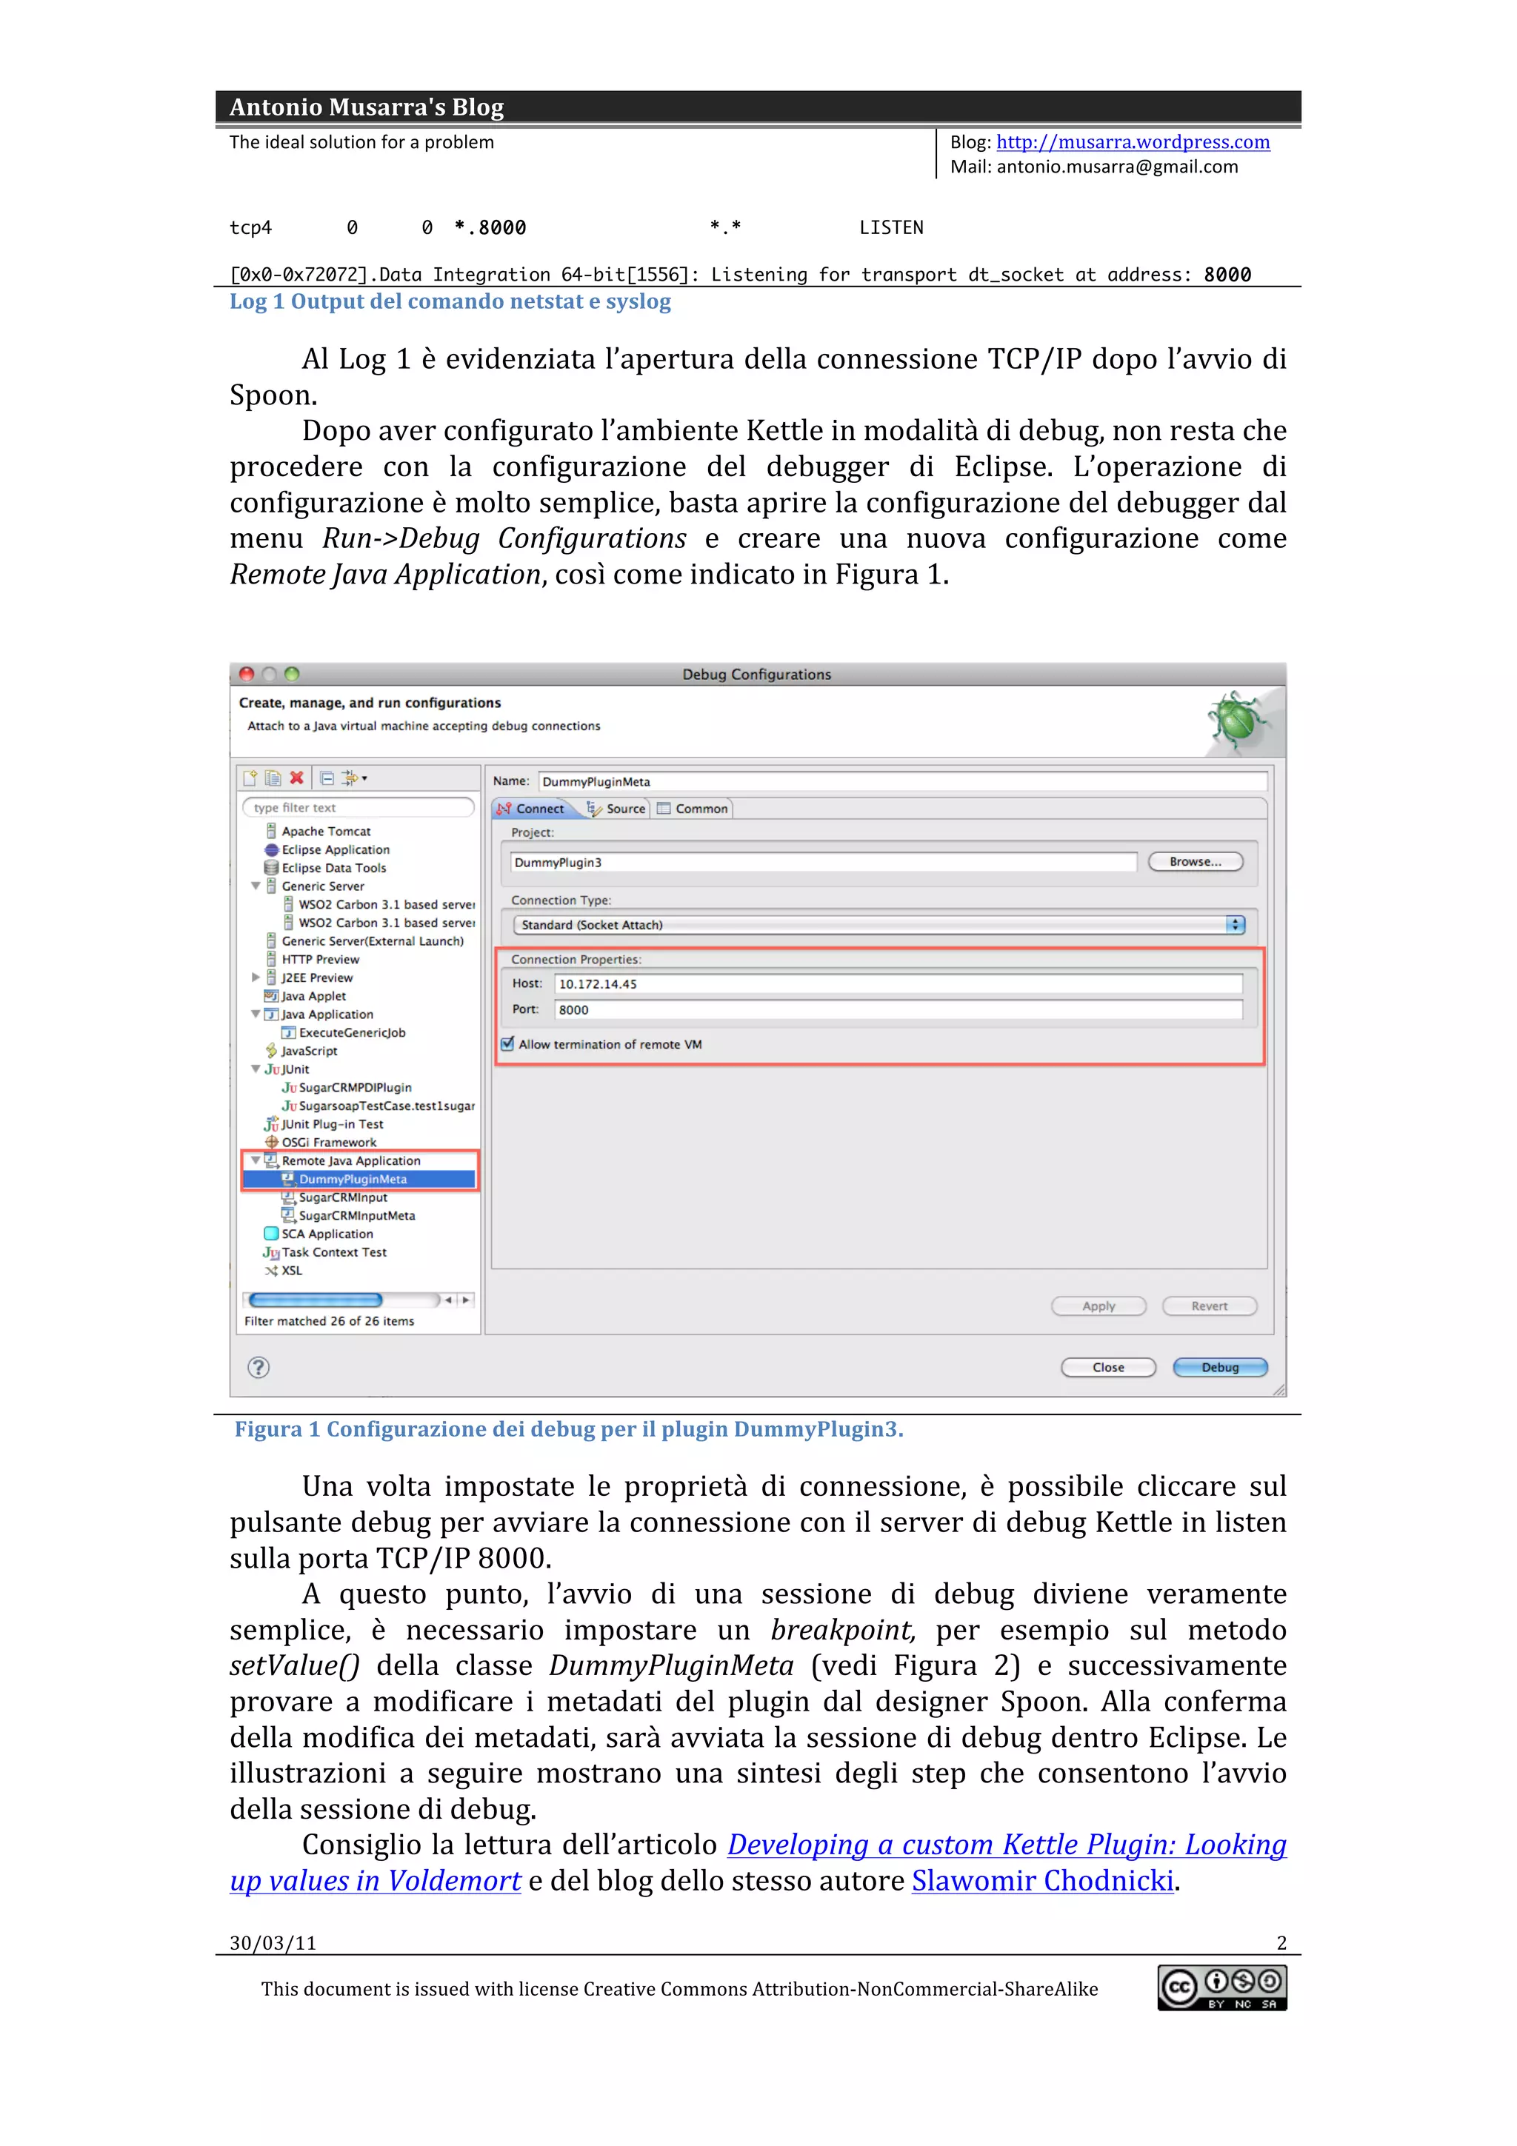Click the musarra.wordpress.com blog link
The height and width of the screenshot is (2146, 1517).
[1132, 142]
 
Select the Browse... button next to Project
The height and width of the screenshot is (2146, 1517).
[1195, 862]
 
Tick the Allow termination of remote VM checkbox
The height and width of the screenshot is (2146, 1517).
[507, 1044]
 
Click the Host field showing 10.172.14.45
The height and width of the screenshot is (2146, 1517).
[897, 983]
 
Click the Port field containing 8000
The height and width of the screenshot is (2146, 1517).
[897, 1009]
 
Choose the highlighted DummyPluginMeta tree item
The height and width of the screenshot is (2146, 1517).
[353, 1179]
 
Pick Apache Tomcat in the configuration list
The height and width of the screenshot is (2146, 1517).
[325, 831]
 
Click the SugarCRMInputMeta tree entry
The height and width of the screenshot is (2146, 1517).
[356, 1215]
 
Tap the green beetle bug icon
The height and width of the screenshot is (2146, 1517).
[1236, 720]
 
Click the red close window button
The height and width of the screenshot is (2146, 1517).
[247, 674]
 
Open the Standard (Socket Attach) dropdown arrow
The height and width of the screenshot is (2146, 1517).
[1235, 924]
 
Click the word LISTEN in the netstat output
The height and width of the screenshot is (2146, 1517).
[891, 227]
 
